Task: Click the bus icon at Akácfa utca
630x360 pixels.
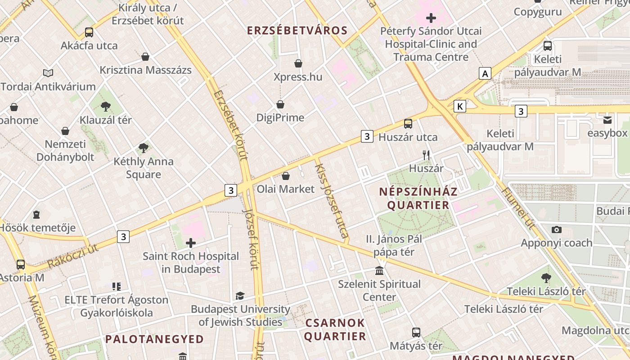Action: coord(89,32)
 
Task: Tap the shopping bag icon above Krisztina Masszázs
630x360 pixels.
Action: coord(145,57)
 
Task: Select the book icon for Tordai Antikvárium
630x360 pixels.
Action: coord(48,73)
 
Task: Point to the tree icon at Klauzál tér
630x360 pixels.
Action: coord(106,107)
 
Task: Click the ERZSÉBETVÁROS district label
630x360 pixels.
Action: coord(297,31)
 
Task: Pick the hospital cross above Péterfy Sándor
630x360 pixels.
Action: coord(431,18)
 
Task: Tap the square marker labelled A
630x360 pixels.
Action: coord(485,73)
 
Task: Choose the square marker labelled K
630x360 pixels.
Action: coord(459,106)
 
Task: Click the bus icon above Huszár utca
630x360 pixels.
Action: coord(408,123)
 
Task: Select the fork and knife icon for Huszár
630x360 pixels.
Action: coord(426,155)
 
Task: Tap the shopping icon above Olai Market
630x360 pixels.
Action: coord(286,175)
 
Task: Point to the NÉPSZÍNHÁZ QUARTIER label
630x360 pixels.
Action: coord(414,198)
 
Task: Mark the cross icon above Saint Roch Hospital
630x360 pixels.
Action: coord(191,243)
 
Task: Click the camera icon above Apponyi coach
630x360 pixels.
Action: coord(557,229)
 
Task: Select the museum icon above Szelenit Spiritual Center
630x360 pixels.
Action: coord(379,271)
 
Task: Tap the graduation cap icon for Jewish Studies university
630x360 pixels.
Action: coord(240,296)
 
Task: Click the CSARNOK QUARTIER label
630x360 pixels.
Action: coord(335,329)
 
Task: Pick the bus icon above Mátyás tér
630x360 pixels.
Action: coord(416,333)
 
